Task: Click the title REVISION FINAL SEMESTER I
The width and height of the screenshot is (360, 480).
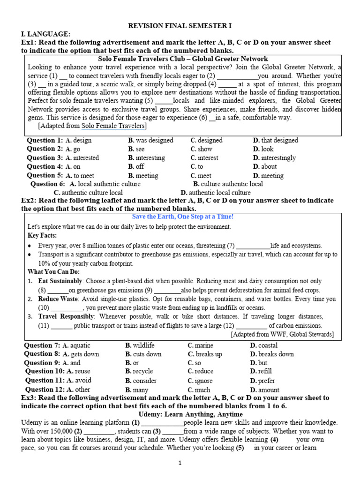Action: click(x=180, y=26)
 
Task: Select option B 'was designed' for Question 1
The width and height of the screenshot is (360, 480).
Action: click(x=150, y=140)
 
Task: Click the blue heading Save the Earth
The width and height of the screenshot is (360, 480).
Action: click(x=183, y=217)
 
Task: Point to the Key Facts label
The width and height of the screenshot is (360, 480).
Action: click(x=42, y=235)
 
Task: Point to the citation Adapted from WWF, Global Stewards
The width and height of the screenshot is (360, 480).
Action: click(x=282, y=334)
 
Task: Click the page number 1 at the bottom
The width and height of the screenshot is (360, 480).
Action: click(x=180, y=464)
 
